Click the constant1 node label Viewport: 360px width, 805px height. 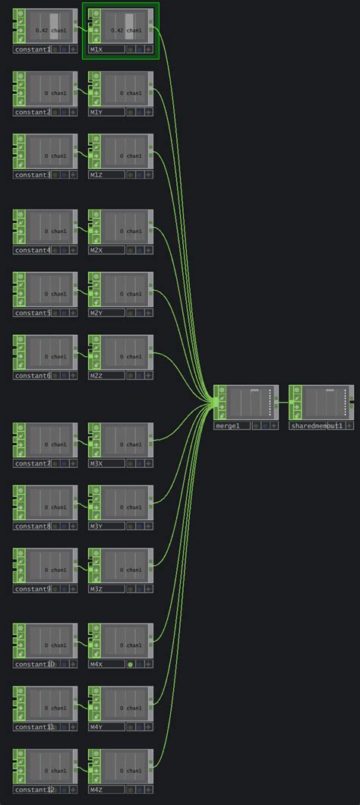tap(33, 49)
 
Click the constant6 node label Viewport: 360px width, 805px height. tap(33, 376)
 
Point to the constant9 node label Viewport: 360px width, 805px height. tap(33, 589)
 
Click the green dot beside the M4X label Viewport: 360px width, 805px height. tap(130, 665)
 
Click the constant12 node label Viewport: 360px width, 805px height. tap(34, 790)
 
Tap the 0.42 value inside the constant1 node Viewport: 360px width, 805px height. tap(42, 31)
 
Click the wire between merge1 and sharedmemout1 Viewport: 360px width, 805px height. tap(284, 402)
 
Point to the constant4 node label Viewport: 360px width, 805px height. tap(33, 250)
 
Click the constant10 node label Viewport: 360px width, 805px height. tap(34, 665)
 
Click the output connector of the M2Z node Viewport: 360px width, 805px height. tap(150, 352)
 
